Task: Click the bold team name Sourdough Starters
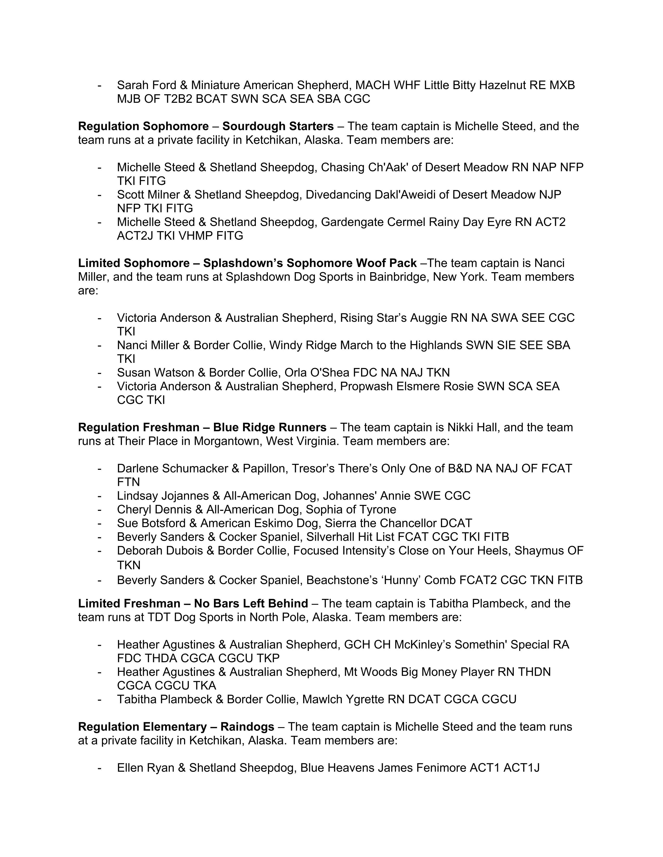click(278, 126)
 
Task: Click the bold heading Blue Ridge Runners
click(269, 427)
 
